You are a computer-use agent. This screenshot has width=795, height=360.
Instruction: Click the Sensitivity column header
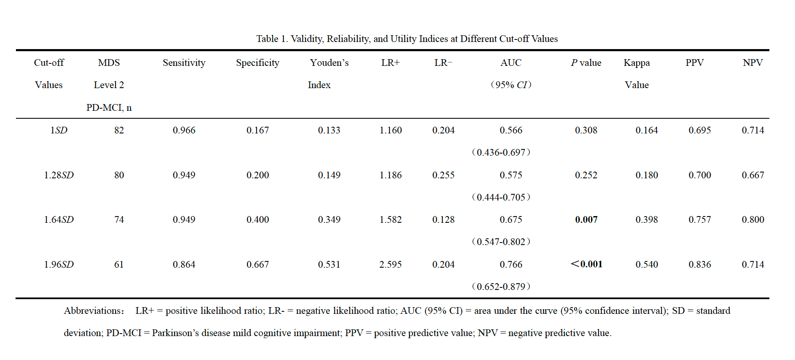[x=184, y=63]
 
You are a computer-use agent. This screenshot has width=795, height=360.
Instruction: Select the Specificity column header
[x=257, y=63]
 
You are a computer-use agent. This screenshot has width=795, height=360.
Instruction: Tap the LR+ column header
[x=390, y=63]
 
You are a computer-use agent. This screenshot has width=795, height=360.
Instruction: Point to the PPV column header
[x=695, y=63]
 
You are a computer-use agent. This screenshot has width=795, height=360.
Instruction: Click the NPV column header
[x=753, y=63]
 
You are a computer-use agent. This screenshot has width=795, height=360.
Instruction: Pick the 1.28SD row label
[x=59, y=175]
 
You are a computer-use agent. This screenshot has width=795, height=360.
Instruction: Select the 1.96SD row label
[x=59, y=264]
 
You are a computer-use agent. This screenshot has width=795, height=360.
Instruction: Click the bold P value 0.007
[x=586, y=219]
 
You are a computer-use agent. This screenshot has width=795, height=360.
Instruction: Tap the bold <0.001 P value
[x=586, y=264]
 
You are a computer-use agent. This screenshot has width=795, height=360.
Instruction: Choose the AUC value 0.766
[x=511, y=264]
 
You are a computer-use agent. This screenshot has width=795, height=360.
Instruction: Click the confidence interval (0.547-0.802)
[x=501, y=242]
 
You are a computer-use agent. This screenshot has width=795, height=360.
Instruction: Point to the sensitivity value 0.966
[x=184, y=130]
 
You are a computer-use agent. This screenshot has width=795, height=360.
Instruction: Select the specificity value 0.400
[x=258, y=219]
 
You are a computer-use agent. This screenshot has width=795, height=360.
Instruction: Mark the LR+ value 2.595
[x=390, y=264]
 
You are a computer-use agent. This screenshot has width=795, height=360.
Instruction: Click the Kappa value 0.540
[x=646, y=264]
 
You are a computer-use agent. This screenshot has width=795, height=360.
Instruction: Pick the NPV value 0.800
[x=753, y=219]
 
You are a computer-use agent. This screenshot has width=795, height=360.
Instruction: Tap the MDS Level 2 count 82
[x=119, y=130]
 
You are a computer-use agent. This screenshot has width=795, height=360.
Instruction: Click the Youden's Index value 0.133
[x=329, y=130]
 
